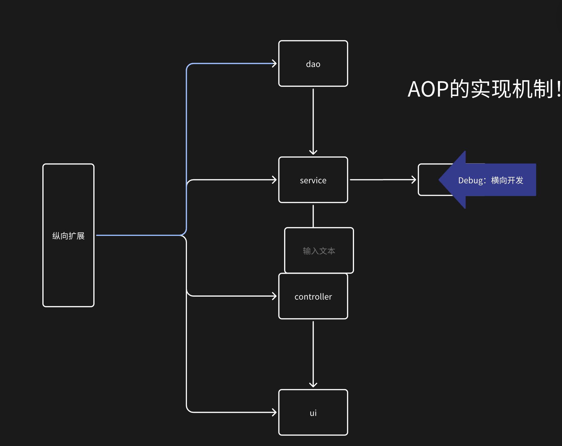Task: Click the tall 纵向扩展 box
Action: point(68,267)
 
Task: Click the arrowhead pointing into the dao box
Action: point(275,63)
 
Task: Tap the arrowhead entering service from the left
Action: point(275,180)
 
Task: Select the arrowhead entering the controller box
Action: point(275,296)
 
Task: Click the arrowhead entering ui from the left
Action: point(275,412)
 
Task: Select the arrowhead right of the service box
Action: point(414,180)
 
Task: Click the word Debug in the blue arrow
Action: point(471,180)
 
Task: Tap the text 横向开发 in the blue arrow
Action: point(507,180)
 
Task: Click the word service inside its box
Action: point(313,180)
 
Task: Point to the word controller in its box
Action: point(313,297)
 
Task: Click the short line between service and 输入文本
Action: point(313,216)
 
